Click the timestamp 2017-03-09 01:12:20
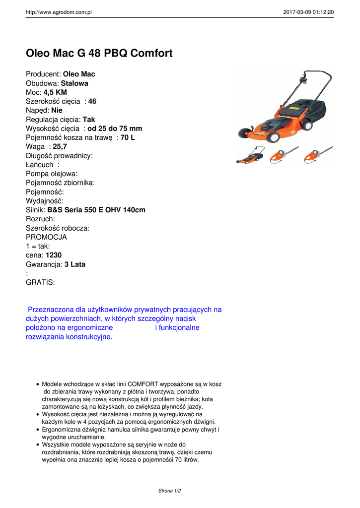308,12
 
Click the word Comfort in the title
149,53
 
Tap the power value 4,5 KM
55,92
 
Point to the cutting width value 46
92,101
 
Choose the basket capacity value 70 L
128,137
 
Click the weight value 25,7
60,146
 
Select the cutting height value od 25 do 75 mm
115,128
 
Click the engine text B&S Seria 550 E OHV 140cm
96,210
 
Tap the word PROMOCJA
46,237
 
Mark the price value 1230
54,255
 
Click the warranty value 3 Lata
75,264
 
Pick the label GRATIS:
40,282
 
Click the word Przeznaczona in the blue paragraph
49,310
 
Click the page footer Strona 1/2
170,491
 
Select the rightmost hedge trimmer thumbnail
318,155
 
